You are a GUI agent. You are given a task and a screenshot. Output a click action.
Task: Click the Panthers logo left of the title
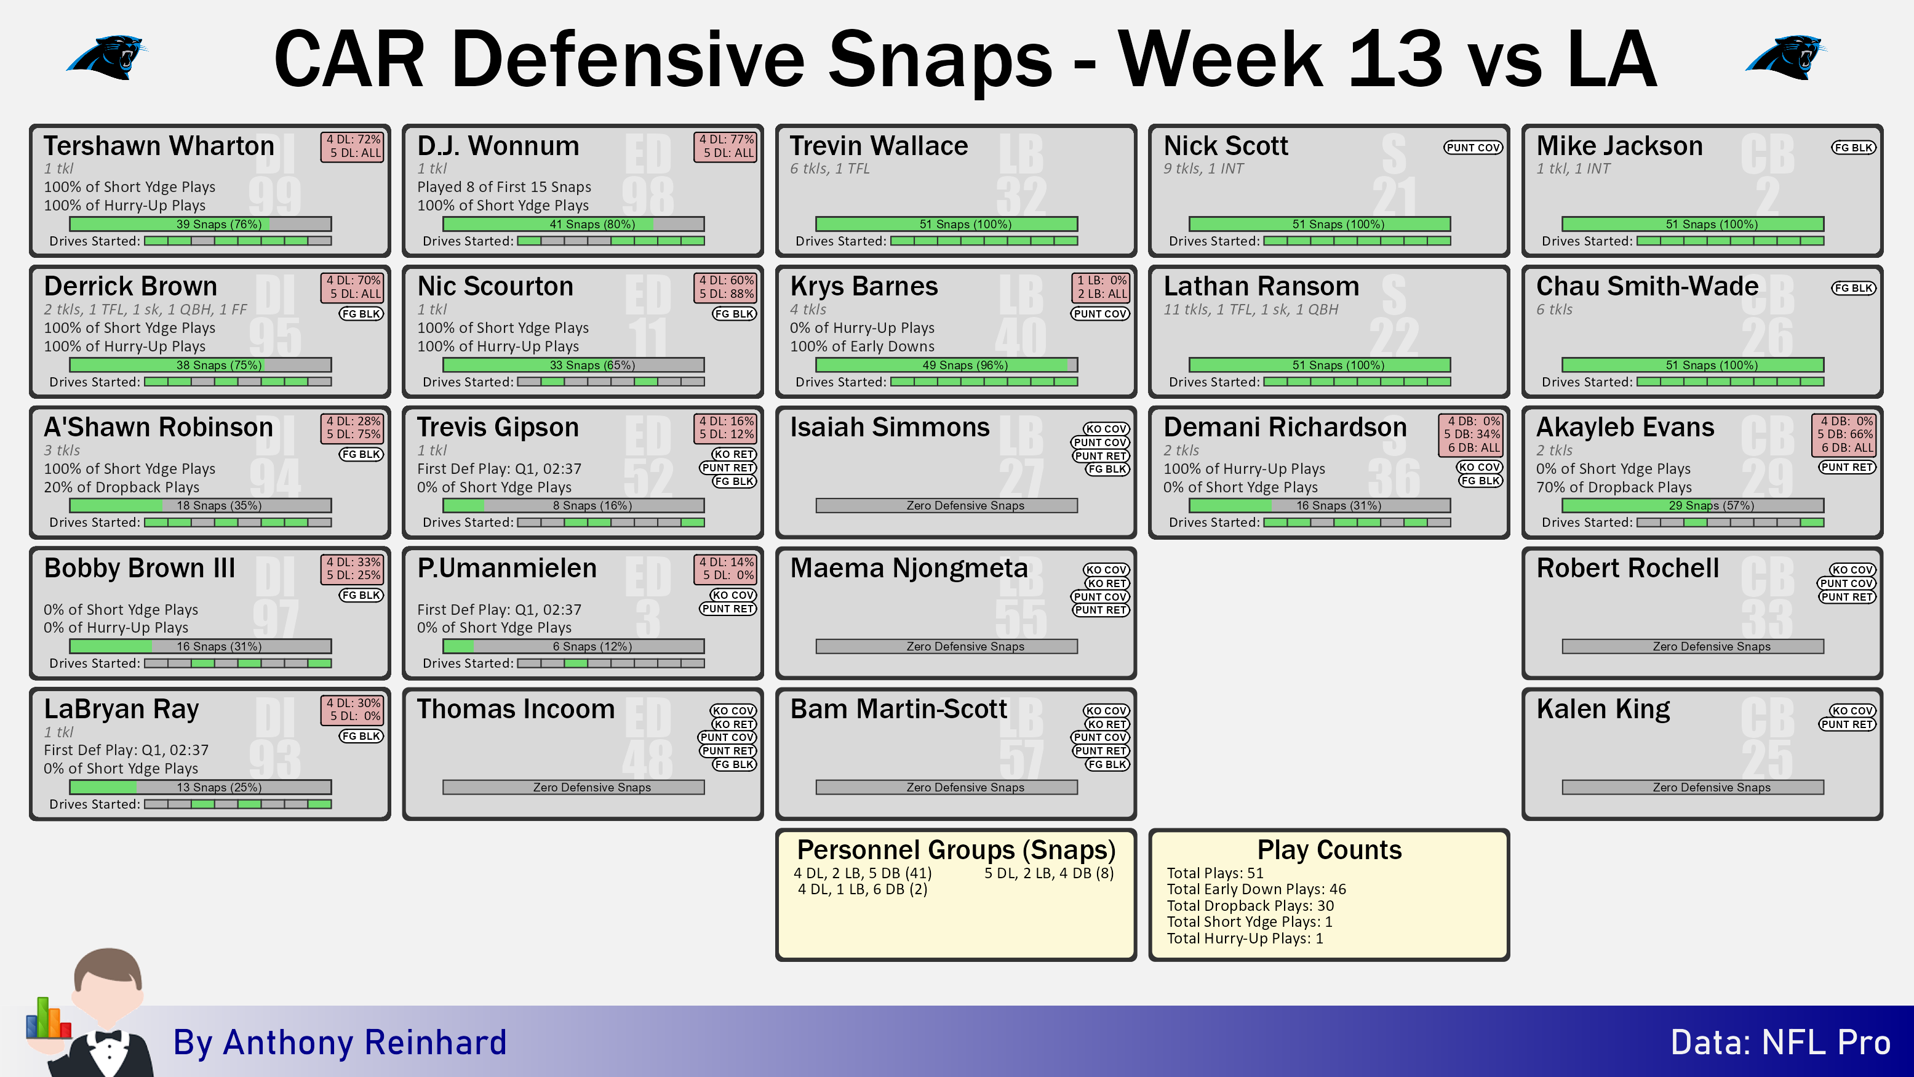point(108,57)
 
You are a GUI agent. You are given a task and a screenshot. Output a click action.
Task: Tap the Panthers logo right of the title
point(1785,57)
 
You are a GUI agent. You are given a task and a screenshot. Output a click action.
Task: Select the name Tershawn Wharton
point(159,146)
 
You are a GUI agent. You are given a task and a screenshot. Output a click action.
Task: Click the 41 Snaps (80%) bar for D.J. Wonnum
point(573,224)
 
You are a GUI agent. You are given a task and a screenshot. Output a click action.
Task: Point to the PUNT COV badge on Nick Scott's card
point(1473,147)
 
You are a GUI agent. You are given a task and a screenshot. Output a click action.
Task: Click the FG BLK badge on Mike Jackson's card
point(1853,147)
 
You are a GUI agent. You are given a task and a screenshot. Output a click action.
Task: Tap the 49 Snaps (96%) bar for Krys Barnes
point(947,365)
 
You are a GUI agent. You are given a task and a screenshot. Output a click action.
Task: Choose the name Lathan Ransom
point(1261,286)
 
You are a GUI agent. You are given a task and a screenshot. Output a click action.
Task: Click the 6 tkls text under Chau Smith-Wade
point(1554,309)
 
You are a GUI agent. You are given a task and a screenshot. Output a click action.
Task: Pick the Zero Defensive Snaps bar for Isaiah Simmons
point(947,505)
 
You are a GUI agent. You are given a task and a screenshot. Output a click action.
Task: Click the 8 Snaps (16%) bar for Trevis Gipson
point(573,505)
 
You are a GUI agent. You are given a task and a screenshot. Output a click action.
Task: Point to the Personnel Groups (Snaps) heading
point(956,849)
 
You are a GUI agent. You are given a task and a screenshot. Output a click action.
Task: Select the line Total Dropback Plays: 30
point(1251,905)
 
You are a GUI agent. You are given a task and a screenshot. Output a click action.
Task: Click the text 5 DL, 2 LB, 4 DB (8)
point(1049,873)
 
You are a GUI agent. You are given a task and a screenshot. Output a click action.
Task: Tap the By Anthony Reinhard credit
point(340,1042)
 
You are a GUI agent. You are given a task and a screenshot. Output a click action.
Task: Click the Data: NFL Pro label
point(1780,1042)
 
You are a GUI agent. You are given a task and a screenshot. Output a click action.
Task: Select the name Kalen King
point(1603,709)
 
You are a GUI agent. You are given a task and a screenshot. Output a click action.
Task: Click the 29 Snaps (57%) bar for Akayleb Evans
point(1693,505)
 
